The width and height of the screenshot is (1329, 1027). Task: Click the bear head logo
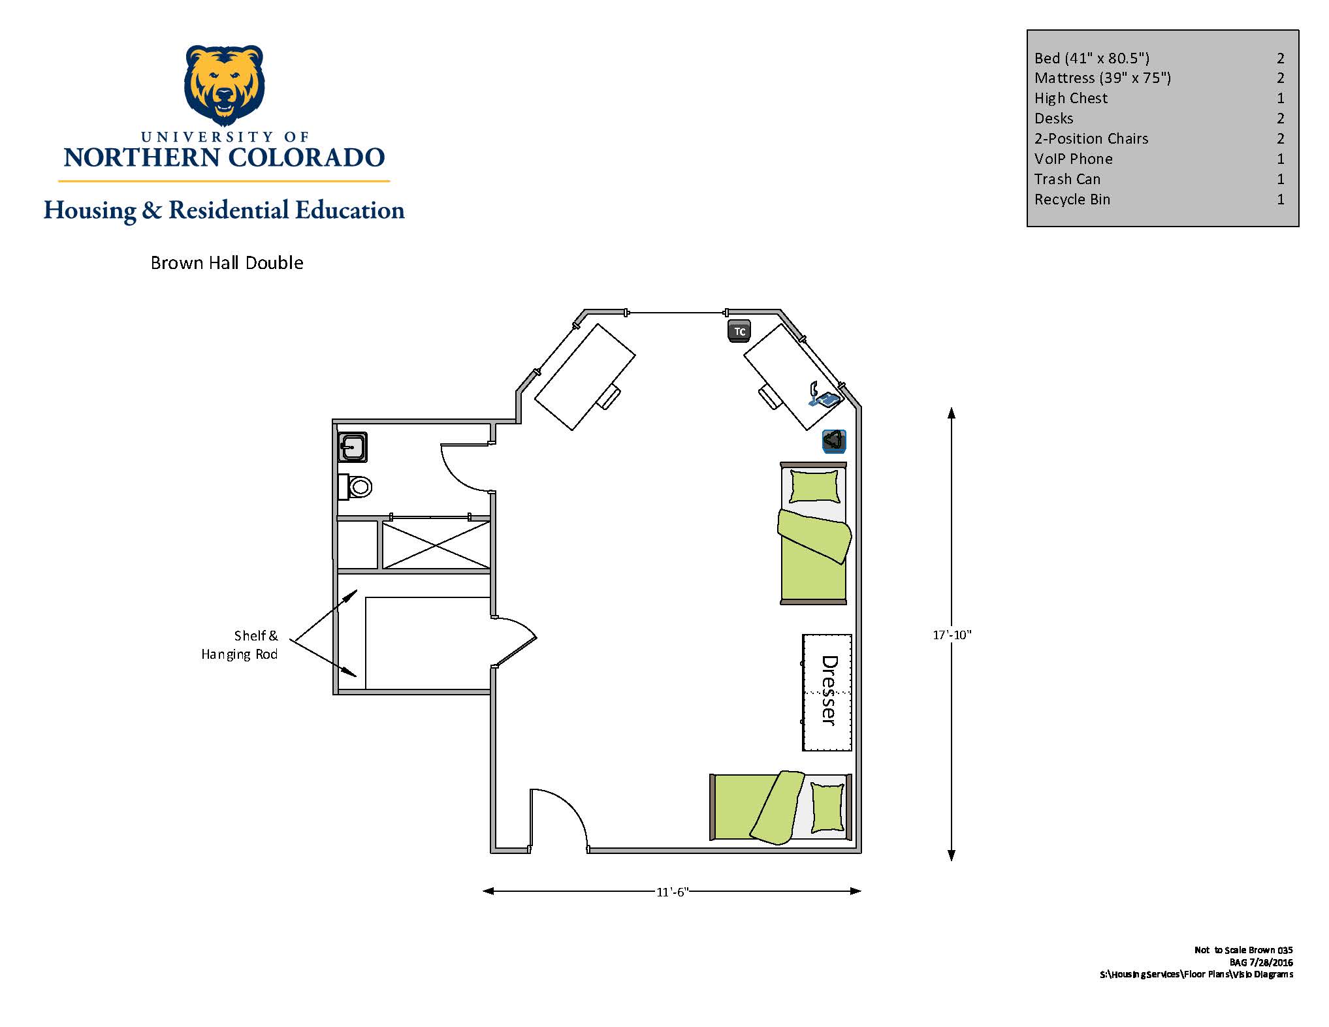(x=225, y=85)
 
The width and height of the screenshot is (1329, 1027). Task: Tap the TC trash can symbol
(x=739, y=331)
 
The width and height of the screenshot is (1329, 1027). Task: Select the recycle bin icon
(x=834, y=441)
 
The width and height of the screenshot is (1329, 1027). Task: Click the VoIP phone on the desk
(x=824, y=395)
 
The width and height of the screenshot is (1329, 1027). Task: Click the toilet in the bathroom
(x=355, y=487)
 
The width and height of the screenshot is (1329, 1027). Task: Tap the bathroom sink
(x=353, y=447)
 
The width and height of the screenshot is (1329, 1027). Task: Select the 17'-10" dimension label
(x=952, y=635)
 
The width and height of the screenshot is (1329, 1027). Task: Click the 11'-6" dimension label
(x=673, y=892)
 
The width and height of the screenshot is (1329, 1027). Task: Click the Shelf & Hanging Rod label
(x=240, y=644)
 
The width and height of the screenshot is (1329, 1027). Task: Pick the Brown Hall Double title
(x=227, y=262)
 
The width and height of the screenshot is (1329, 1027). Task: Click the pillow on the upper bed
(x=814, y=486)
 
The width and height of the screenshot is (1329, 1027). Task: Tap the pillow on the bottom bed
(x=827, y=808)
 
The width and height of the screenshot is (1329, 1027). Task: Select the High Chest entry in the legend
(x=1071, y=98)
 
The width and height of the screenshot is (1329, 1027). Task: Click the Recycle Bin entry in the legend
(x=1072, y=199)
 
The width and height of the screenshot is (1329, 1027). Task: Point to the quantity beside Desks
(x=1281, y=118)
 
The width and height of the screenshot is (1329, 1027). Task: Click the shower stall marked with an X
(x=436, y=545)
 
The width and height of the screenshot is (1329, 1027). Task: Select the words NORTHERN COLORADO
(x=225, y=157)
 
